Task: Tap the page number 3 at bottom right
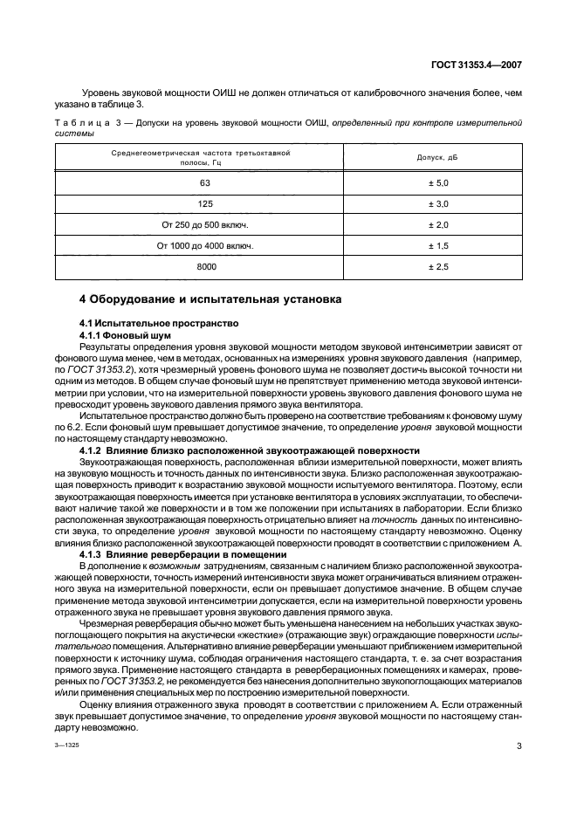pos(519,745)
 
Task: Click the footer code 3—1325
pos(69,746)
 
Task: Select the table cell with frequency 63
pos(204,182)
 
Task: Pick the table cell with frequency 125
pos(204,203)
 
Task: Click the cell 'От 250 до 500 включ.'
pos(204,224)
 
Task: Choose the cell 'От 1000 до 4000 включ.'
pos(204,245)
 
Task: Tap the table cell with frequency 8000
pos(204,266)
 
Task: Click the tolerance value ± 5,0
pos(437,182)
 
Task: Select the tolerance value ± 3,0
pos(437,203)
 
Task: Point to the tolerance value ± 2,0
pos(437,224)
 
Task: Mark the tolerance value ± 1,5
pos(437,245)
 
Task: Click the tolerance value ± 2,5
pos(437,266)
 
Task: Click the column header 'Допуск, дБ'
pos(437,158)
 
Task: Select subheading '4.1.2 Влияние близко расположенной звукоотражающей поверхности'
pos(237,426)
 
